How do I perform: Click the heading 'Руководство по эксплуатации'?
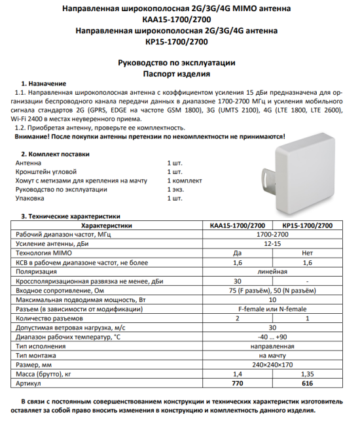click(176, 63)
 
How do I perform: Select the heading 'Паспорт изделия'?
click(176, 74)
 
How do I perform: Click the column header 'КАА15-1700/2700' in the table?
click(238, 225)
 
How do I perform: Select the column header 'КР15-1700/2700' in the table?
click(308, 225)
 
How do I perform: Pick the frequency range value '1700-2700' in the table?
click(272, 234)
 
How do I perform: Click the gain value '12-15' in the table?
click(272, 243)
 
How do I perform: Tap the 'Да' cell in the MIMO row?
click(238, 252)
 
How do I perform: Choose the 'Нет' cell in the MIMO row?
click(308, 252)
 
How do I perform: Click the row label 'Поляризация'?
click(35, 271)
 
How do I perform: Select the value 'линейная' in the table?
click(272, 271)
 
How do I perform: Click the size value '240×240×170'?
click(272, 364)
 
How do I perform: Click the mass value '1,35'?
click(308, 373)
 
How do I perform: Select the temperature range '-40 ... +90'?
click(272, 336)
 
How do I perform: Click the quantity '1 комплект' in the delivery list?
click(185, 180)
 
